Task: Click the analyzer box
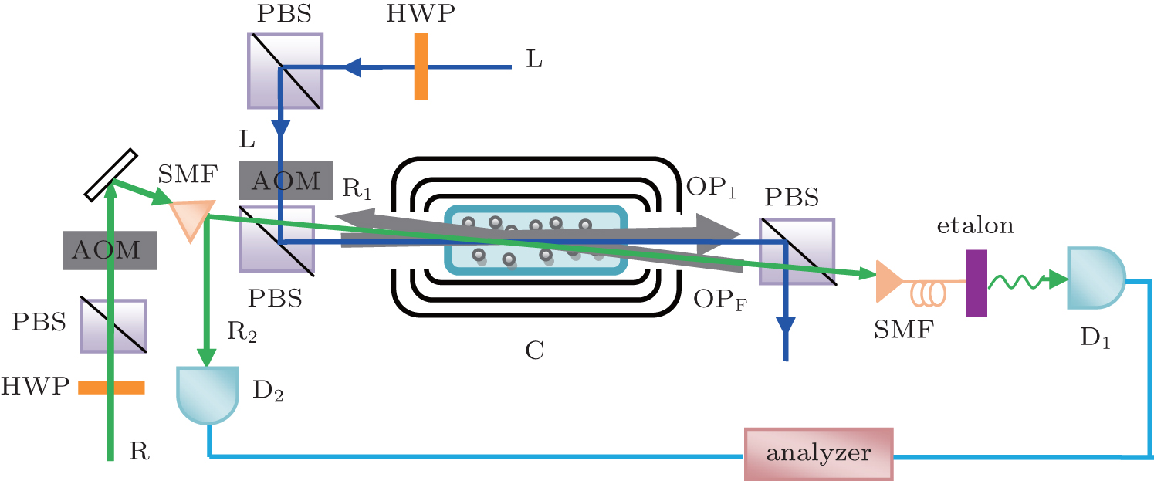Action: coord(817,453)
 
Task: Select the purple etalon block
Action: coord(976,283)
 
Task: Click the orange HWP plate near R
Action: coord(111,388)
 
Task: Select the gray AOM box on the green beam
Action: coord(110,250)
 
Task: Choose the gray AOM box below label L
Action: coord(286,181)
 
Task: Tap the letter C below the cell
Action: coord(533,351)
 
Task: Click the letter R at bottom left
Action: coord(139,451)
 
